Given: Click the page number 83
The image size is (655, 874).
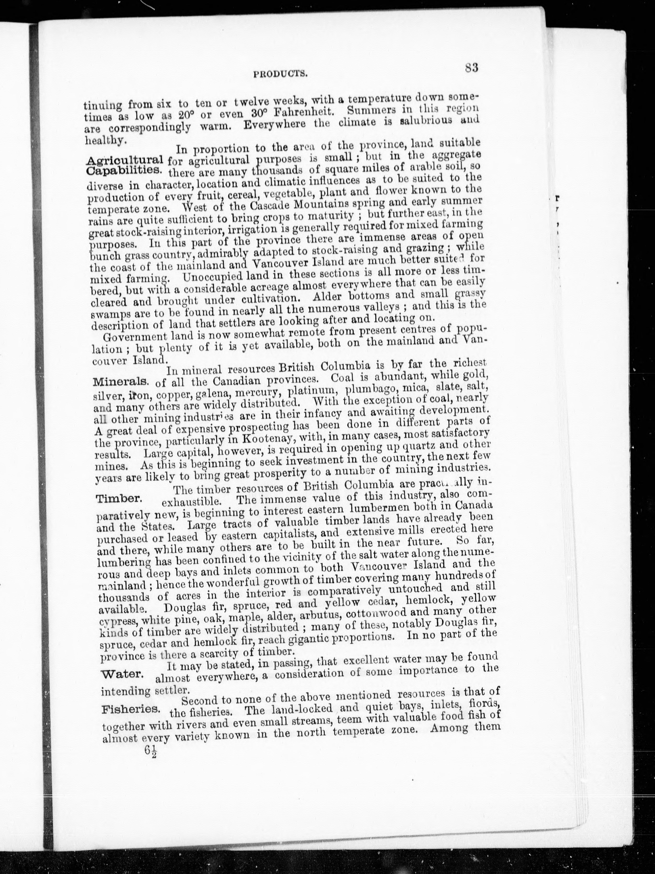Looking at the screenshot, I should (472, 68).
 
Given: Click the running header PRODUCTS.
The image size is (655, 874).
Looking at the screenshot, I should (281, 74).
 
